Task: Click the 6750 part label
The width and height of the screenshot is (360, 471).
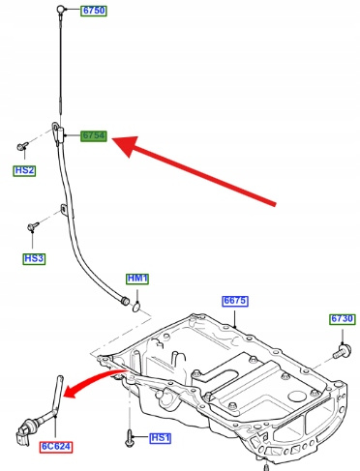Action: pyautogui.click(x=94, y=11)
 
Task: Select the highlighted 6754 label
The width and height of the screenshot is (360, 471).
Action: pyautogui.click(x=94, y=135)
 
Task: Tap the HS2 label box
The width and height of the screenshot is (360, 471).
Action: pyautogui.click(x=24, y=170)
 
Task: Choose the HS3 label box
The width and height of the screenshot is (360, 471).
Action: pyautogui.click(x=34, y=259)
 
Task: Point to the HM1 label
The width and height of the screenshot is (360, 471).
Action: pyautogui.click(x=137, y=279)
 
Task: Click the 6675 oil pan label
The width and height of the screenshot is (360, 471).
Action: pyautogui.click(x=235, y=301)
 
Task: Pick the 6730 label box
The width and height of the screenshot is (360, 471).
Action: pyautogui.click(x=343, y=319)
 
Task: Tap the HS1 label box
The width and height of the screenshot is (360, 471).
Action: pyautogui.click(x=161, y=438)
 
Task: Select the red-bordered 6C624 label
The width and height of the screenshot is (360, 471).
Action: pyautogui.click(x=56, y=447)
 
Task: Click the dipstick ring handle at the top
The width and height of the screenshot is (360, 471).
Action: pyautogui.click(x=60, y=9)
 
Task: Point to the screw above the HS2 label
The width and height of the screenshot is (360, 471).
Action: pyautogui.click(x=22, y=146)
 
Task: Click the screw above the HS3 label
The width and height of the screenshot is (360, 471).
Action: pyautogui.click(x=33, y=225)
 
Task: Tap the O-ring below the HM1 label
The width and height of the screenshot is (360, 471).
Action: pyautogui.click(x=136, y=307)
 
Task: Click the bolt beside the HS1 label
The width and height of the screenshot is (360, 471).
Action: pyautogui.click(x=130, y=438)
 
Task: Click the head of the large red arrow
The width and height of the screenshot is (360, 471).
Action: pyautogui.click(x=126, y=146)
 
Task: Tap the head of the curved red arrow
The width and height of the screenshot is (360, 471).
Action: pyautogui.click(x=72, y=392)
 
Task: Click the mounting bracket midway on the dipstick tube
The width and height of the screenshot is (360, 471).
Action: pyautogui.click(x=63, y=210)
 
